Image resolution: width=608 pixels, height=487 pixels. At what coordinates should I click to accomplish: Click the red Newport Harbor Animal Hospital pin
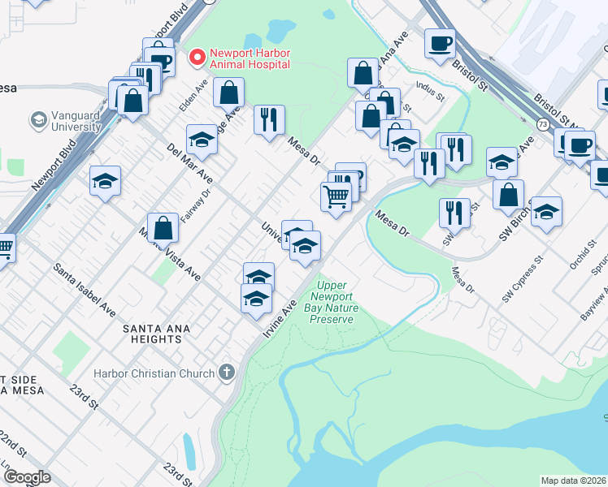coord(196,58)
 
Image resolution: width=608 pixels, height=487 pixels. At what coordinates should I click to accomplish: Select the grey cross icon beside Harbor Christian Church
coord(226,373)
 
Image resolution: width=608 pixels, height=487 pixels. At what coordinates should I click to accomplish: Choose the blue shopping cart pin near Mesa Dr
coord(337,196)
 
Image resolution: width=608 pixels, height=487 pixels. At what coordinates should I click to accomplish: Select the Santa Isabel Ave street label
coord(85,288)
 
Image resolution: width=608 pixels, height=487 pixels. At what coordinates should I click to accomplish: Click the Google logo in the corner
coord(27,477)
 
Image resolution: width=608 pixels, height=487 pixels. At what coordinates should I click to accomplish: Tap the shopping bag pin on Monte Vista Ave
coord(163,229)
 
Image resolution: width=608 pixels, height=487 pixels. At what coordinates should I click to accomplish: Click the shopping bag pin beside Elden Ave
coord(229,93)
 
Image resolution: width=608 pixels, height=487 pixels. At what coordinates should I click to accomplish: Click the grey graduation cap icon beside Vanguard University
coord(38,121)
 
